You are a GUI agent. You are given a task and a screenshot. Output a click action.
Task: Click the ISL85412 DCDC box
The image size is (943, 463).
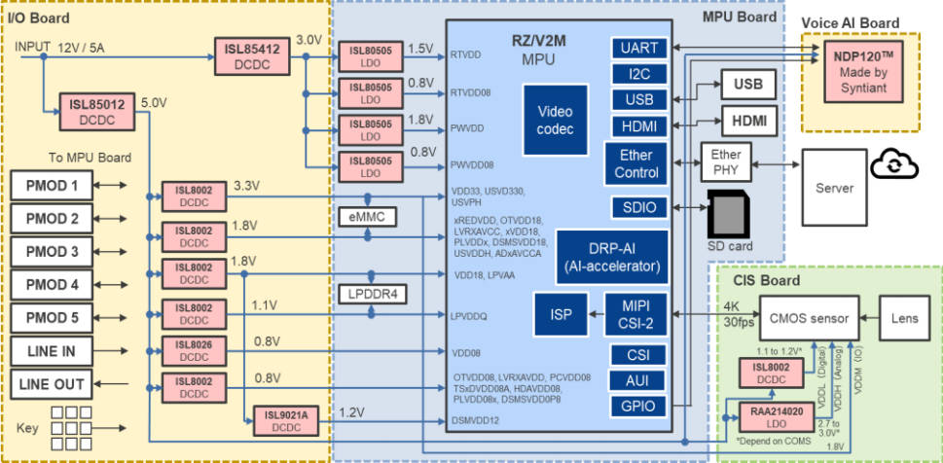(x=251, y=54)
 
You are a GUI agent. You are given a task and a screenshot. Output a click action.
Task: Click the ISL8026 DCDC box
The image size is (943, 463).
(x=194, y=350)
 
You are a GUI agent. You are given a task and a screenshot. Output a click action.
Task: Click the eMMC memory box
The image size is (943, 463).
(x=368, y=217)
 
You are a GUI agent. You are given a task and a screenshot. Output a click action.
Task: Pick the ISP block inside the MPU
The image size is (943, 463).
(x=562, y=313)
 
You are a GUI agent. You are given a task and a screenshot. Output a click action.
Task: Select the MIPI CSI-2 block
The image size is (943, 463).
(x=636, y=313)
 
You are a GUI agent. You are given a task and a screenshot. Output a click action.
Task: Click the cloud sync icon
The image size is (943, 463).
(x=888, y=163)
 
